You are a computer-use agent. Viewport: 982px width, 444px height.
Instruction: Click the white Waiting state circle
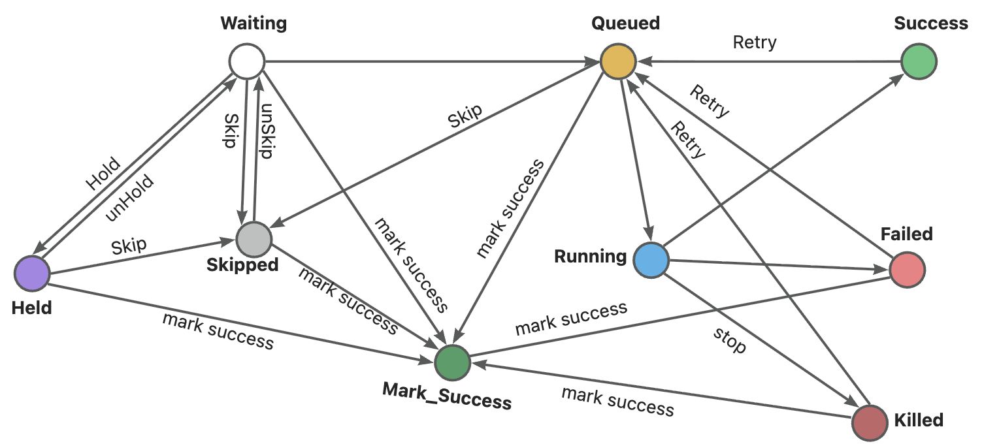point(246,63)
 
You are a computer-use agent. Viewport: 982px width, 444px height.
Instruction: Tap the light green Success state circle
point(918,63)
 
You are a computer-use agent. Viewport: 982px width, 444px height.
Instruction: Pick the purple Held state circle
point(31,273)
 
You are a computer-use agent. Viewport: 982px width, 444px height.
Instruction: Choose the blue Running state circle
point(651,259)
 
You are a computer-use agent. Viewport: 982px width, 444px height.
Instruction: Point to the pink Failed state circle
point(908,269)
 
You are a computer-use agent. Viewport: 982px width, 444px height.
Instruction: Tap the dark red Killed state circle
point(871,421)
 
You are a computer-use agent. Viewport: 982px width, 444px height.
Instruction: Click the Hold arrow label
point(103,174)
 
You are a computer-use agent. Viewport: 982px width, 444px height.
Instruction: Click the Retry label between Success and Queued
point(755,42)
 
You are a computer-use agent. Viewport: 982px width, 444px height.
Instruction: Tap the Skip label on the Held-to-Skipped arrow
point(129,247)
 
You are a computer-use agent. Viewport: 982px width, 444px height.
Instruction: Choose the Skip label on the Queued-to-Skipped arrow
point(465,117)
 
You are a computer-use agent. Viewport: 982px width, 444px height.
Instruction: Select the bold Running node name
point(590,256)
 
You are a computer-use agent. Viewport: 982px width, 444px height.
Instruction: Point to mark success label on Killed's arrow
point(617,401)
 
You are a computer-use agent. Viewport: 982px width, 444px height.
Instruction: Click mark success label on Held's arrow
point(218,330)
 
